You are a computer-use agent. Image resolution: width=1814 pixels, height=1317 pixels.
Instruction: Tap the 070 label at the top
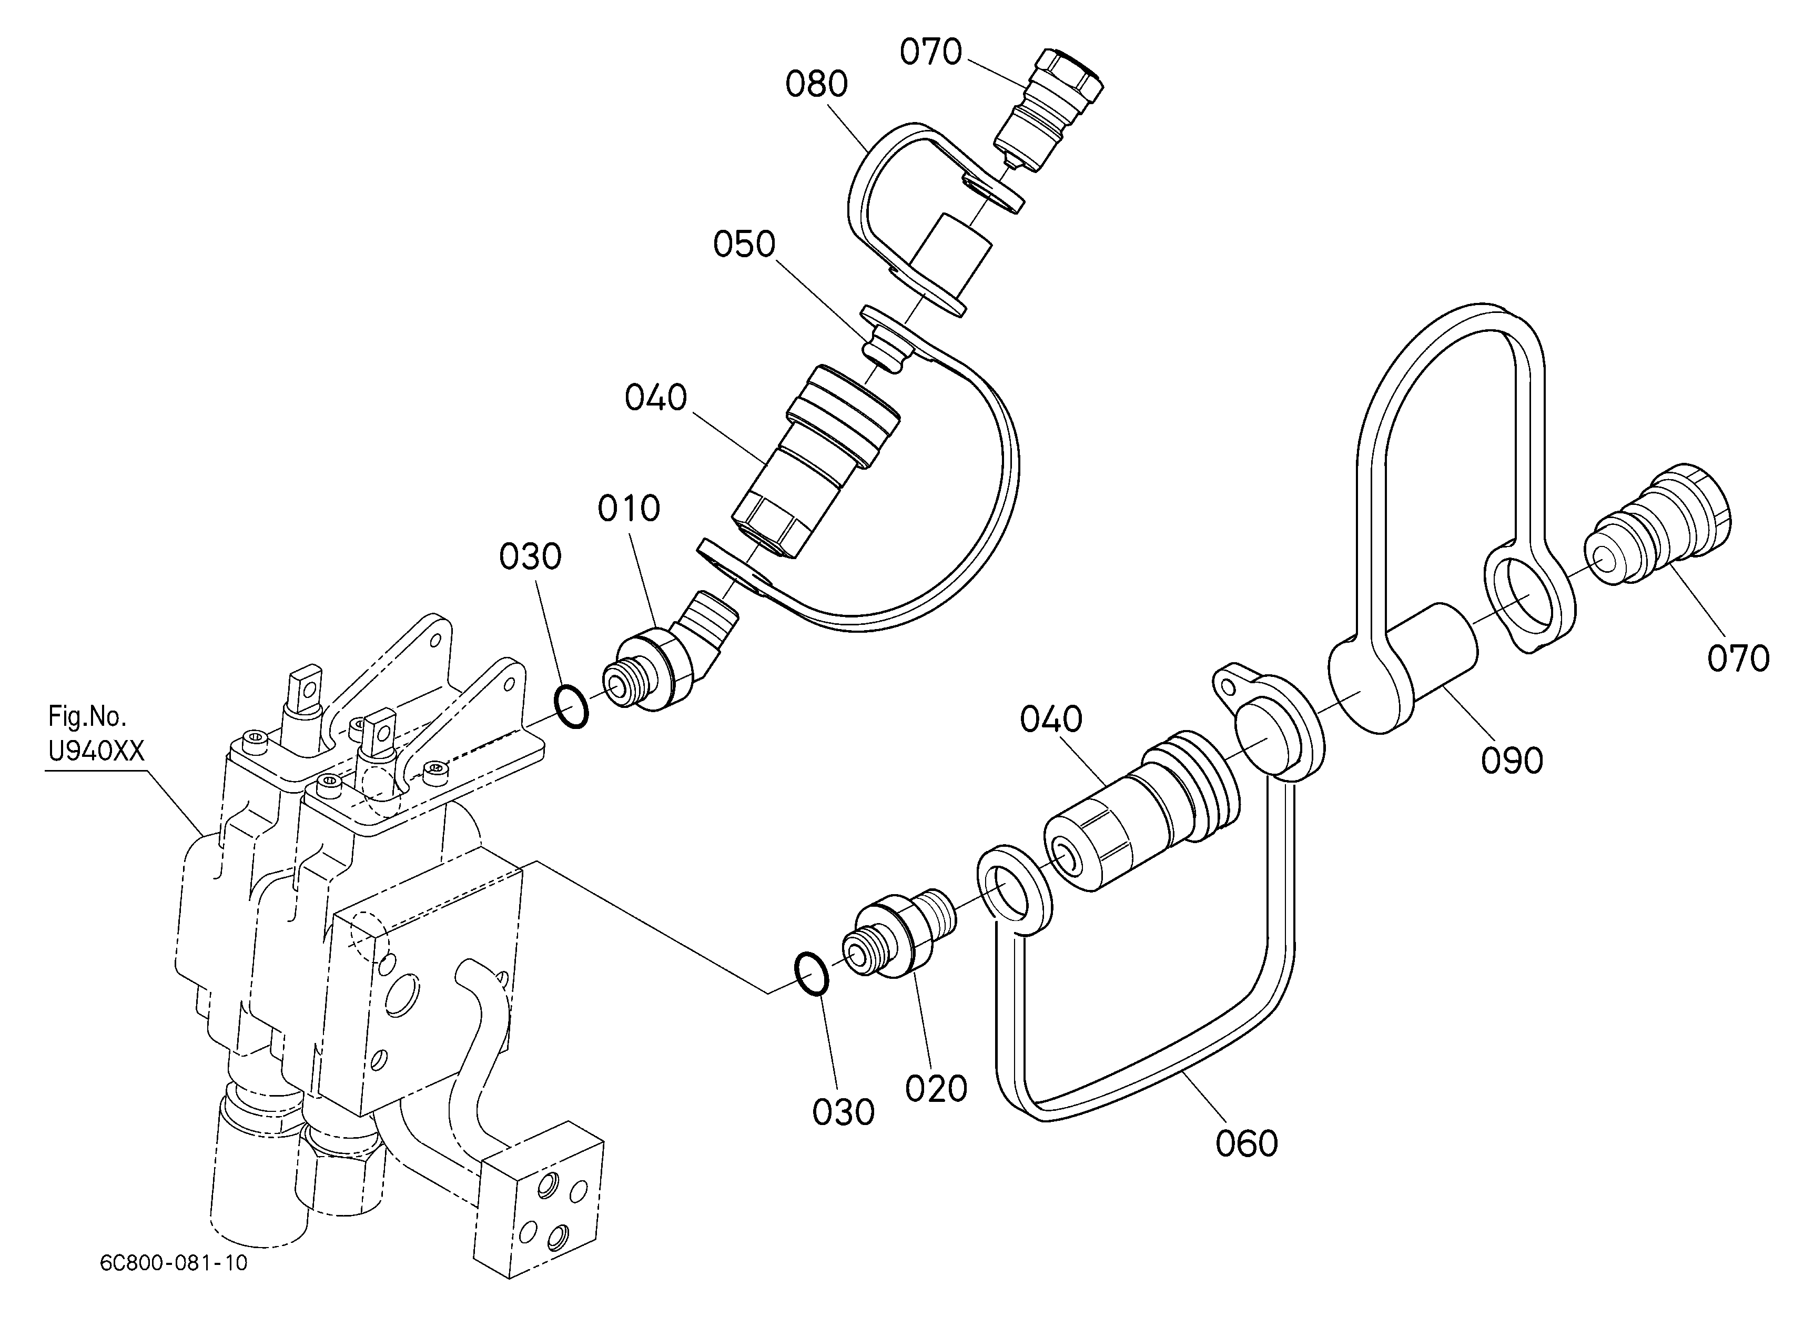930,52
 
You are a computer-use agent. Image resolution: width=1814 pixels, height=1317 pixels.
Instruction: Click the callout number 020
937,1088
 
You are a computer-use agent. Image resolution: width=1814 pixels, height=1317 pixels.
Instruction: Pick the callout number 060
1247,1143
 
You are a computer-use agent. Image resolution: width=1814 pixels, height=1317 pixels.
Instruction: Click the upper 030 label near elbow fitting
530,556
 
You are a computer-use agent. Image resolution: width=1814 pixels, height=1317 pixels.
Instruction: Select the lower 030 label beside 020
843,1112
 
